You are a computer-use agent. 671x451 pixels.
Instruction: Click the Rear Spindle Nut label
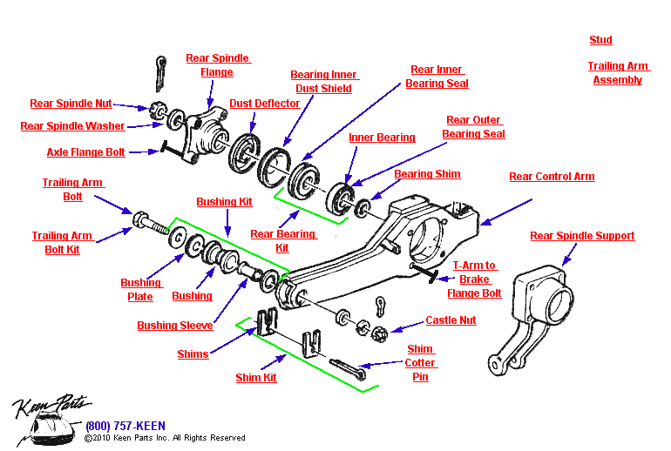[71, 104]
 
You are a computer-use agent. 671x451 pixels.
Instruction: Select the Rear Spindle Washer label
[72, 126]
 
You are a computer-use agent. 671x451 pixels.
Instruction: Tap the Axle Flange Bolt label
[85, 152]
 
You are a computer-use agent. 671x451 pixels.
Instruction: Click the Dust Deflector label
[264, 104]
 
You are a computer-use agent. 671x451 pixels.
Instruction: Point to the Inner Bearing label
[382, 138]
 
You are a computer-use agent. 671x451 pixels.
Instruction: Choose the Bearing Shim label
[427, 174]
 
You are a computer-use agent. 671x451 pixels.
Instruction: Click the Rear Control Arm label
[552, 177]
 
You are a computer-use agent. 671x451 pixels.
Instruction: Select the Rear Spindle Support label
[582, 236]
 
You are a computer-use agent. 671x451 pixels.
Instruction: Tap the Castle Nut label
[451, 320]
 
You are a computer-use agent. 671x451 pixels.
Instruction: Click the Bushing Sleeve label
[174, 326]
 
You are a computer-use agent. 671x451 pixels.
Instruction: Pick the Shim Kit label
[256, 378]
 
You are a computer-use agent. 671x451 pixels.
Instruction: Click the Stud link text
[600, 40]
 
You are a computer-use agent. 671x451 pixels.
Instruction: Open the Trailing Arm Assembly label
[617, 73]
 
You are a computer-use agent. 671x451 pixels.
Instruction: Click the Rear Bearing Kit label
[282, 241]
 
